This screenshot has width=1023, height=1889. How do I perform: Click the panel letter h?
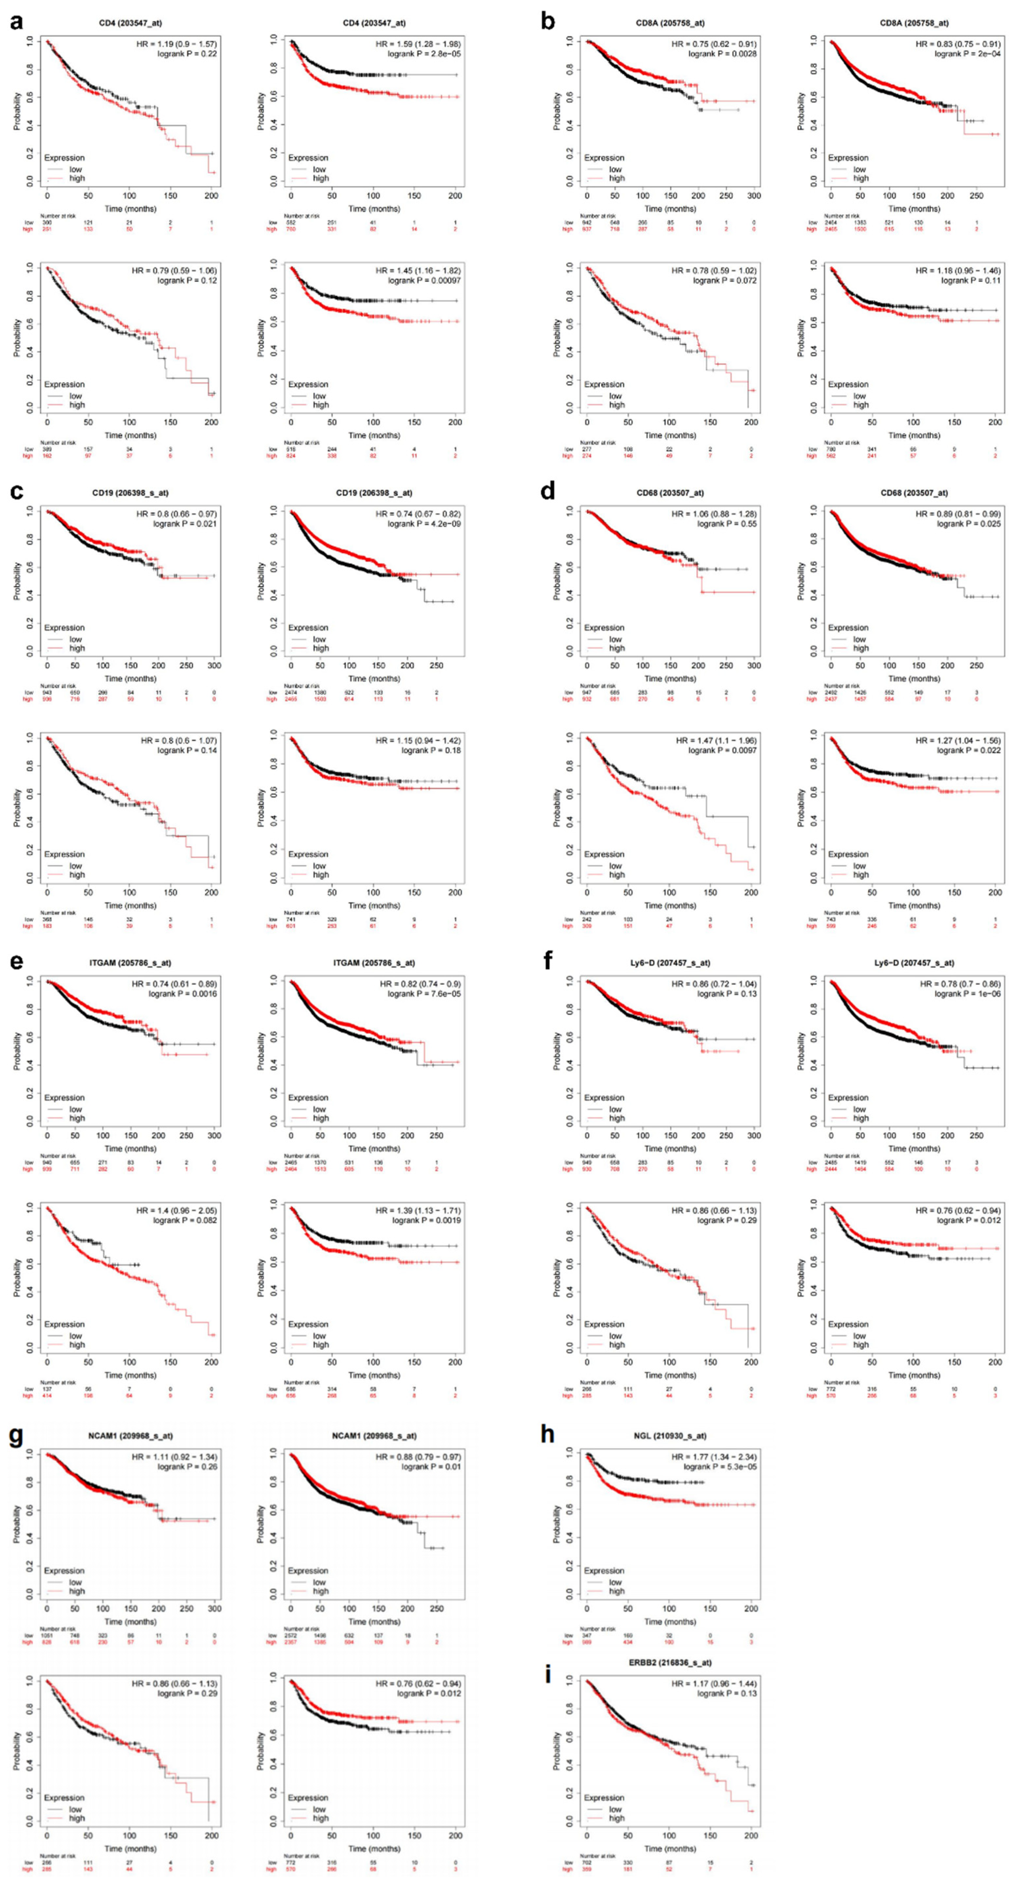tap(547, 1434)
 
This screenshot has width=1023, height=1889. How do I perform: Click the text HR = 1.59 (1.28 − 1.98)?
tap(418, 44)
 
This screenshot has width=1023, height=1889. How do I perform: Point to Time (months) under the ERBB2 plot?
tap(670, 1849)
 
